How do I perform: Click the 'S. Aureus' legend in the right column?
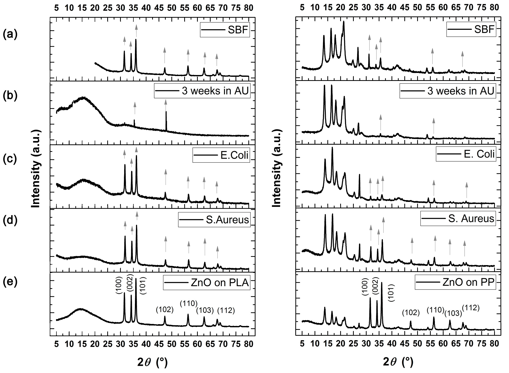(458, 218)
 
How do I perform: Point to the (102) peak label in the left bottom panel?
(165, 310)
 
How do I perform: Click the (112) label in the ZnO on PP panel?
(471, 307)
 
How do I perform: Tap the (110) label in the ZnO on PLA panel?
(189, 303)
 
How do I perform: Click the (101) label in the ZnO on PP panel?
(391, 293)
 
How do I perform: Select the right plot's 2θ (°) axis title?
(398, 362)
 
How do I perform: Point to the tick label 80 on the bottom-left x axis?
(248, 344)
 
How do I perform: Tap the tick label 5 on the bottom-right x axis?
(302, 344)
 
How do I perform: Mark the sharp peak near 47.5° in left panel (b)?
(166, 112)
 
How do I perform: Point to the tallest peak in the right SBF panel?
(344, 22)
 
